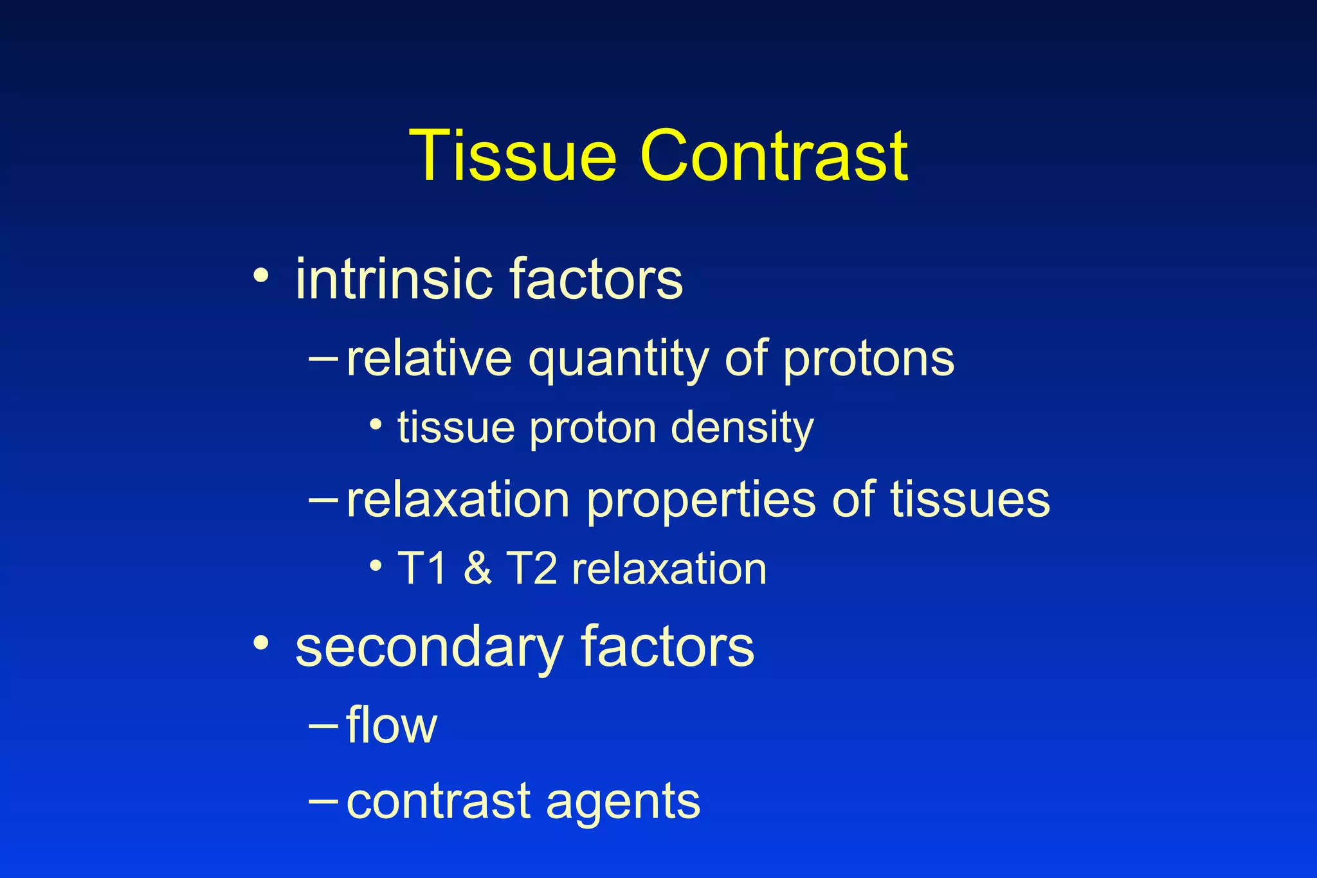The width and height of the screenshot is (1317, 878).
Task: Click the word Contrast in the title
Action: click(x=774, y=156)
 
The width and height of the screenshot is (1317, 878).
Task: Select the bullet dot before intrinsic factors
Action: click(x=260, y=276)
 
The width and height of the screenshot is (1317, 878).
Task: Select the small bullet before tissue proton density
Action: click(x=377, y=424)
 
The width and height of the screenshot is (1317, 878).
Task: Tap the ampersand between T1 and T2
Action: click(x=477, y=569)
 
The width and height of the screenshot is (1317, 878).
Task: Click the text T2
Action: click(x=531, y=569)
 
